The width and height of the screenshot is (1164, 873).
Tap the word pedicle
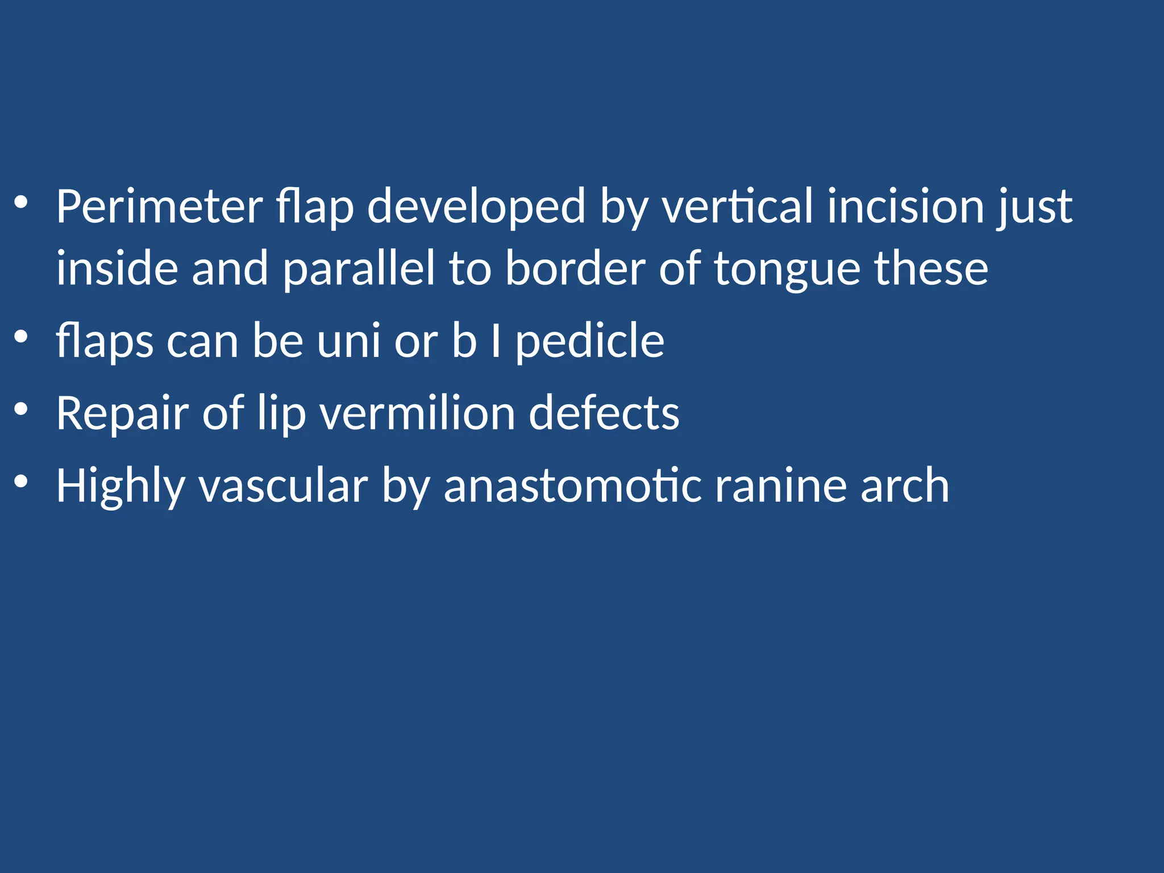point(589,342)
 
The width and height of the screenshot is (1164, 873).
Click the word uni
point(348,342)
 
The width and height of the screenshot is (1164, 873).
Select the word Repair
point(122,414)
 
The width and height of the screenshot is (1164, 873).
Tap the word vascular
point(283,487)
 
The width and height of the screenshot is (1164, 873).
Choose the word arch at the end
point(904,487)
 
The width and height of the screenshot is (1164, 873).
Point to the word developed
point(476,207)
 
